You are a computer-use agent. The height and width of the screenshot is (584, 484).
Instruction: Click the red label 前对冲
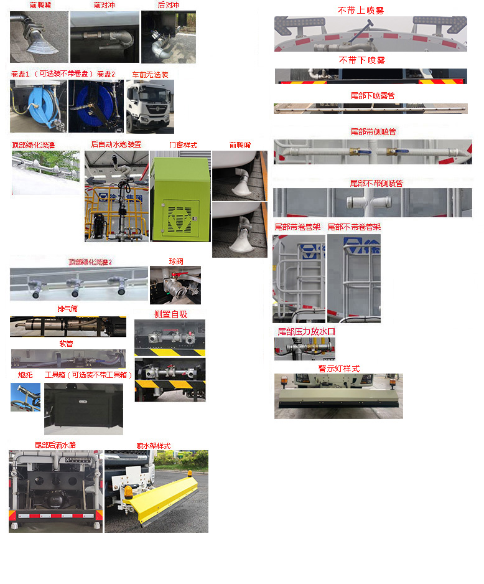105,5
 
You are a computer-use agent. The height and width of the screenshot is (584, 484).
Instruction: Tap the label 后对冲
168,5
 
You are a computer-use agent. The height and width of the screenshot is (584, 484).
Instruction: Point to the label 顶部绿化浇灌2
90,261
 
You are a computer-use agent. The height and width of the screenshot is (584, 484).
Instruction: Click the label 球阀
175,261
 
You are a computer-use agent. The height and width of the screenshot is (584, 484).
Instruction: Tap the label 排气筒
67,309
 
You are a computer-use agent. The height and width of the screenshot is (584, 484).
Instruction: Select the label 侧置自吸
170,314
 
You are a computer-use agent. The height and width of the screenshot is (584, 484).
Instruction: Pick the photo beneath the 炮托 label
26,397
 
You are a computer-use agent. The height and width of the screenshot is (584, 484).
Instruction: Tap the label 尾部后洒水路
55,445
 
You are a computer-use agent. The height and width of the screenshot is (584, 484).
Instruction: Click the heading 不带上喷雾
361,10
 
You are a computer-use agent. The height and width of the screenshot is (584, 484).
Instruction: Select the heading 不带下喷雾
361,60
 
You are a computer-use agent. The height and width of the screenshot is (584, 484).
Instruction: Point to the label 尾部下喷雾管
372,95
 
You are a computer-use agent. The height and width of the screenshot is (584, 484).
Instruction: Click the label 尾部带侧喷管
373,132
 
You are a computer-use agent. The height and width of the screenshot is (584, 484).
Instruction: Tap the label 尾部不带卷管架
354,227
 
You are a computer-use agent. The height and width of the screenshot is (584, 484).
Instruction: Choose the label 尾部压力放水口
306,332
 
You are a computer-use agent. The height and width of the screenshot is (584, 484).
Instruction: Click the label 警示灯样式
338,369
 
